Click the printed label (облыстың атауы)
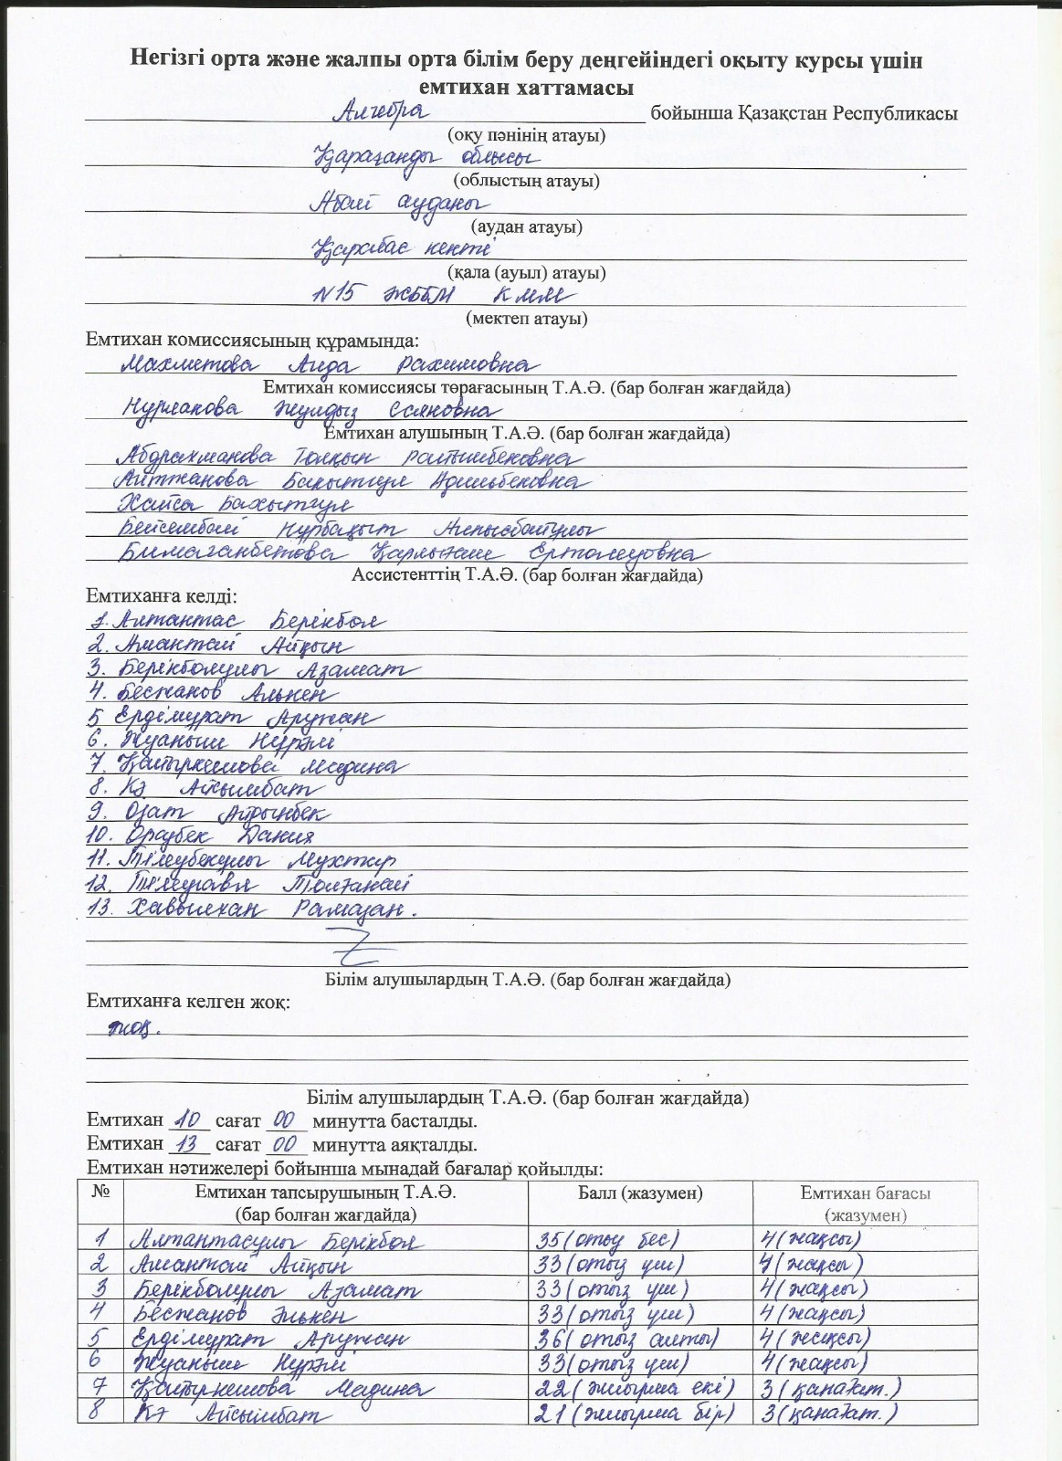tap(526, 181)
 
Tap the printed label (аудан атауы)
tap(526, 226)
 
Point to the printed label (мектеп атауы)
tap(526, 319)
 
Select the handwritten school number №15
tap(339, 294)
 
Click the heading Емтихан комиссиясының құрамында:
tap(252, 341)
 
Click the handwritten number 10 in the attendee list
tap(99, 836)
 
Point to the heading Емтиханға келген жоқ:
tap(188, 1002)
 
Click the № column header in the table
tap(100, 1192)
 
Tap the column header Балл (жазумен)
tap(640, 1193)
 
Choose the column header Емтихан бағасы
tap(865, 1193)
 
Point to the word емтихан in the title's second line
tap(464, 88)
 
